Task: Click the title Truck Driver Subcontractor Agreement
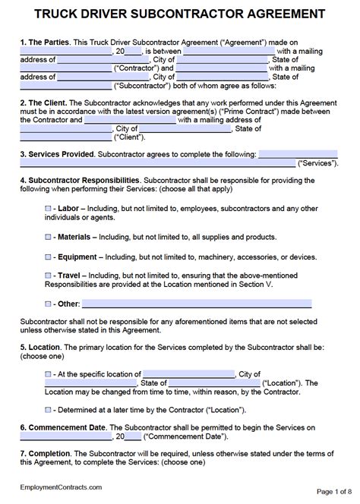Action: pos(180,13)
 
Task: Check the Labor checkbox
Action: pos(49,207)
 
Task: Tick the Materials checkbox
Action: pos(49,236)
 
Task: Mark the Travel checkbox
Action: pos(49,276)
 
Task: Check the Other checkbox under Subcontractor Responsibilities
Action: pos(49,304)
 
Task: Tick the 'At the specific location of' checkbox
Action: pos(49,374)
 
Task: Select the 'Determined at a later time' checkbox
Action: pos(49,410)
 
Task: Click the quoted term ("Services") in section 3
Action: pos(319,162)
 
